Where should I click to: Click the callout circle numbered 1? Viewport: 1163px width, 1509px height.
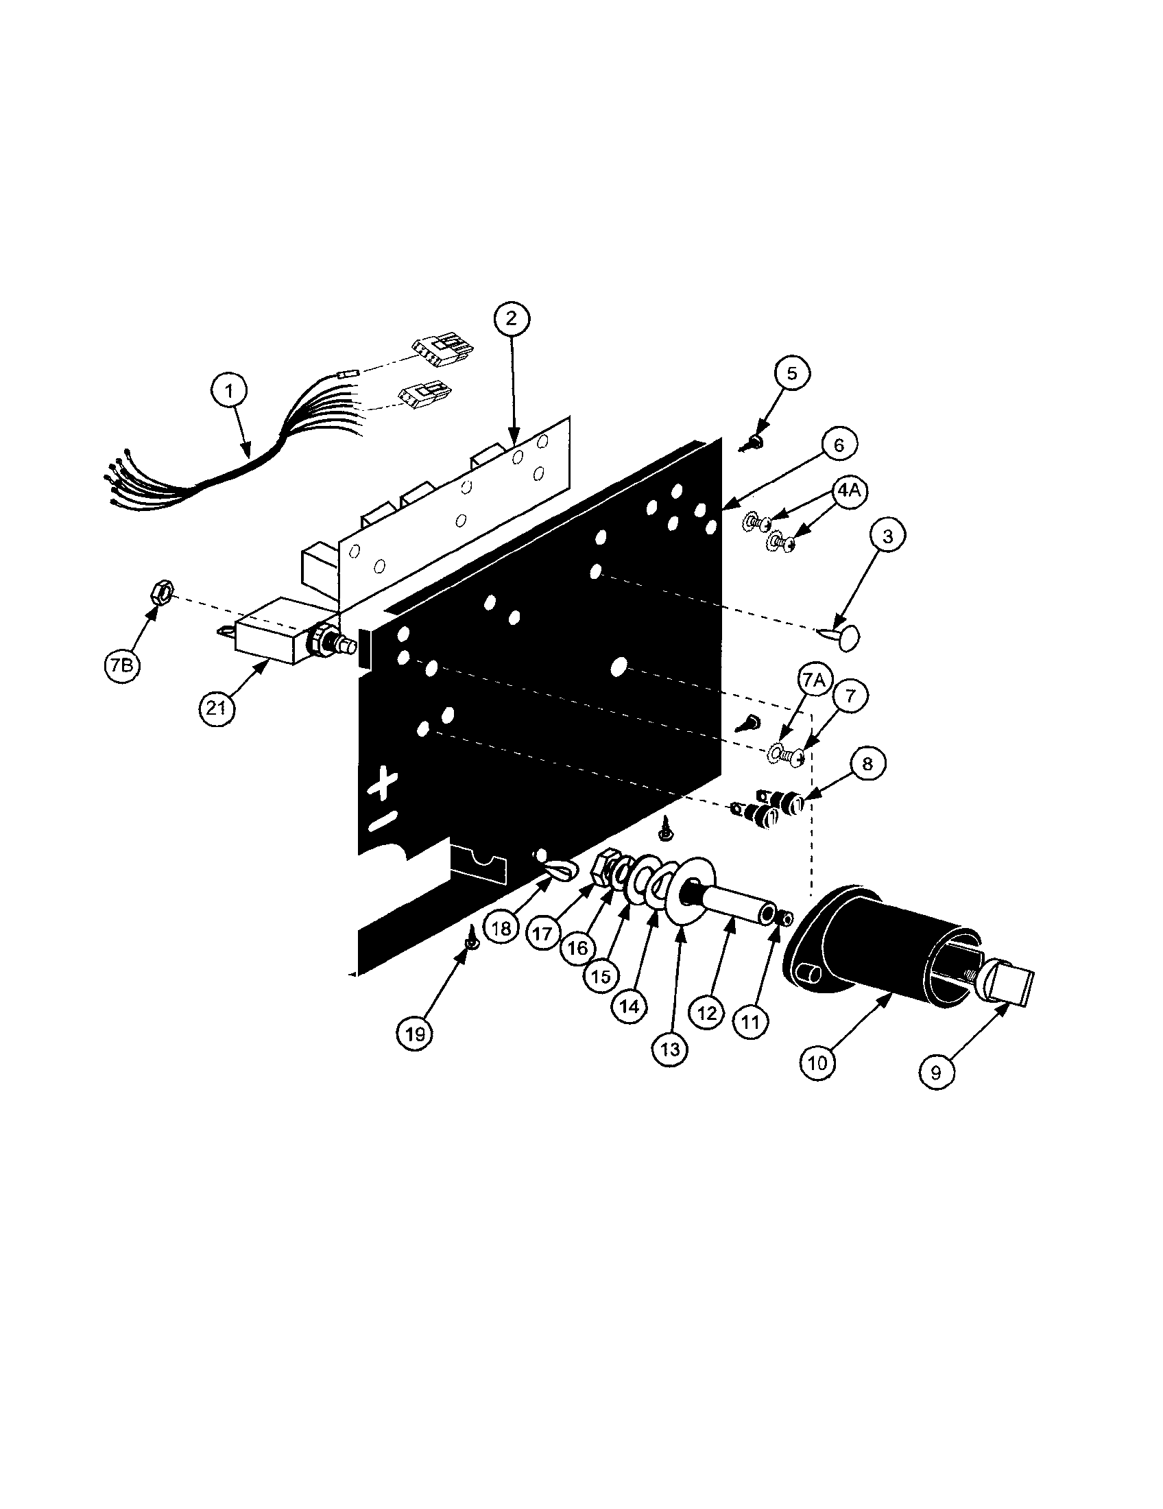click(x=229, y=390)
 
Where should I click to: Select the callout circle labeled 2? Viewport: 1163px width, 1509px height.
click(x=511, y=318)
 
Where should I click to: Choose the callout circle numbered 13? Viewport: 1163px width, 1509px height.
click(x=670, y=1049)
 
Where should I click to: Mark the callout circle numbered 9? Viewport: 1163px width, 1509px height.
click(x=937, y=1072)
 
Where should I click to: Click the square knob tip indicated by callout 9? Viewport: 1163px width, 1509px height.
click(x=1015, y=982)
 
